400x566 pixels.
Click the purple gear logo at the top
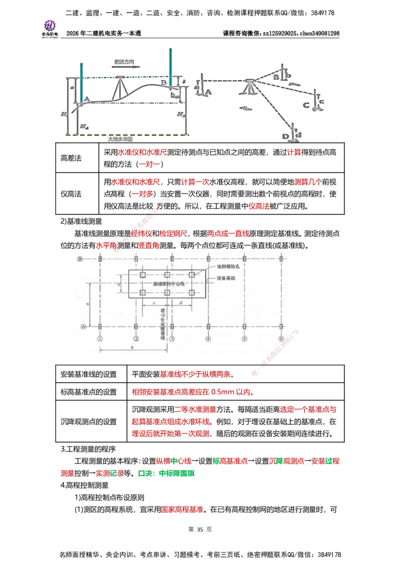[49, 24]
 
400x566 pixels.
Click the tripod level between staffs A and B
[120, 88]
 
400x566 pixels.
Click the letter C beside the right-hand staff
[306, 105]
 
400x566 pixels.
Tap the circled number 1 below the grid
[100, 338]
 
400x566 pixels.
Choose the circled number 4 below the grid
[208, 338]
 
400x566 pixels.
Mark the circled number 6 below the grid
[281, 338]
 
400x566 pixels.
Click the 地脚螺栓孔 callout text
[228, 267]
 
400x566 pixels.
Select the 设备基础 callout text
[225, 278]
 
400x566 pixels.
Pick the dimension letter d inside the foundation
[179, 302]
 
